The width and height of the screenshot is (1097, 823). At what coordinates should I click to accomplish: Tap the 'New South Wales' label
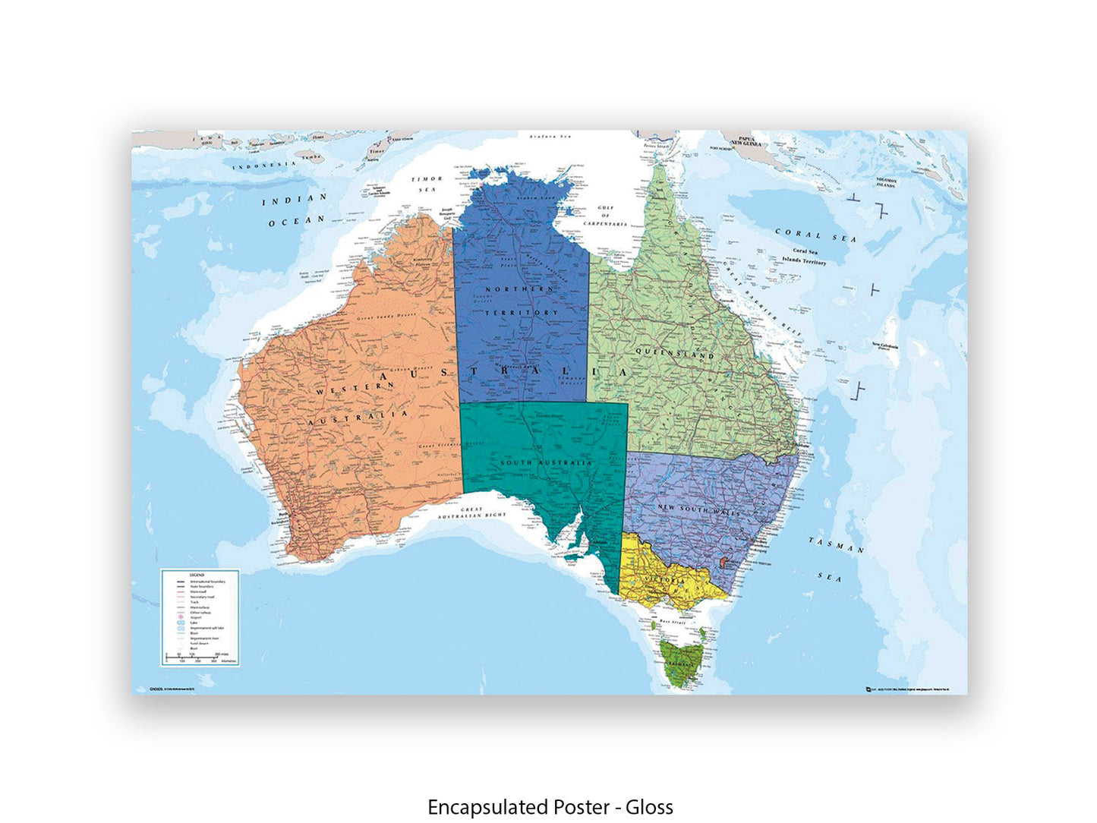(x=698, y=510)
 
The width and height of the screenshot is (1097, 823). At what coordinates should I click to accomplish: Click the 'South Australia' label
(x=546, y=462)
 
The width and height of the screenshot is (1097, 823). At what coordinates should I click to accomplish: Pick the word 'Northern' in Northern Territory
(x=519, y=289)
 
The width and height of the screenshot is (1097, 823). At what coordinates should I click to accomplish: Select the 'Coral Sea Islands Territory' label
(x=805, y=256)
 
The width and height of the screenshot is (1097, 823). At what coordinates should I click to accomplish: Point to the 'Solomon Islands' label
(x=886, y=183)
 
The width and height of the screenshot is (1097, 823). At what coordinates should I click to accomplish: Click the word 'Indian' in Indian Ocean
(x=295, y=200)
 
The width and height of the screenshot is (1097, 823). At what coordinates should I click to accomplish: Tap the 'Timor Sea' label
(x=427, y=184)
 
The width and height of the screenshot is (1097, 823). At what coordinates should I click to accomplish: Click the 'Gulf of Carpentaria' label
(x=605, y=216)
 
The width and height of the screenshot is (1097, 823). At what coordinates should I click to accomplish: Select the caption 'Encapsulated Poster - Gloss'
(x=550, y=807)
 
